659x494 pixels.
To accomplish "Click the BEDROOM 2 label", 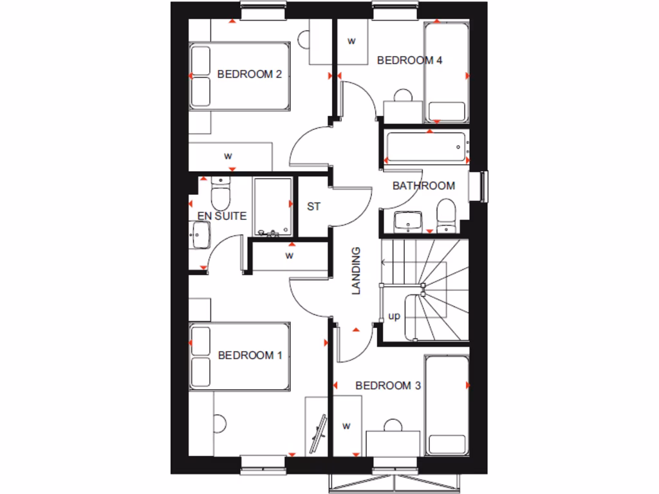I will coord(250,74).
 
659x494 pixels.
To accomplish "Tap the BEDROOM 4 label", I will coord(409,60).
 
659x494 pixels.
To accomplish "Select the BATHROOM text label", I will coord(423,186).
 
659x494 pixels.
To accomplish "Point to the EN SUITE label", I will coord(221,216).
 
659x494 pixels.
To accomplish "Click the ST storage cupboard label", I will coord(313,206).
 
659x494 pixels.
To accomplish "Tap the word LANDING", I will coord(356,271).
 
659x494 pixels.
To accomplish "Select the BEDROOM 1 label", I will coord(250,355).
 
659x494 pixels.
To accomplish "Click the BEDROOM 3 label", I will coord(388,386).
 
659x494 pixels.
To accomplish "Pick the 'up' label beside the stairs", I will coord(394,316).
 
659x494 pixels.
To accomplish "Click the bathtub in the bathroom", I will coord(425,147).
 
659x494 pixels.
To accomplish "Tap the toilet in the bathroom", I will coord(445,216).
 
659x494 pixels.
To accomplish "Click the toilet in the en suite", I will coord(221,190).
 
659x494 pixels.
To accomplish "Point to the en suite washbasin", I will coord(199,235).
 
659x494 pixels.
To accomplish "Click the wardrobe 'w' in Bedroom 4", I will coord(351,41).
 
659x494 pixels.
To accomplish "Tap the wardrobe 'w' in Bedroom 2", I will coord(228,156).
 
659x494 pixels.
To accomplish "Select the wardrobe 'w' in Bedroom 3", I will coord(346,425).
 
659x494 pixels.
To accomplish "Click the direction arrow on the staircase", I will coord(384,262).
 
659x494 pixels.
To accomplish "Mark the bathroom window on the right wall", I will coord(483,187).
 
